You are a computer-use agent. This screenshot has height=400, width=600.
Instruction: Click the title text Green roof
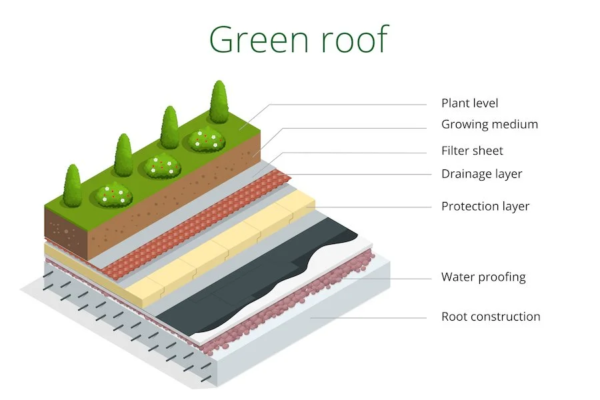[298, 39]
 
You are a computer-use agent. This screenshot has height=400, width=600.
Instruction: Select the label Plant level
[469, 103]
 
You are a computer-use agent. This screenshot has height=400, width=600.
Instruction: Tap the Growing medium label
[489, 125]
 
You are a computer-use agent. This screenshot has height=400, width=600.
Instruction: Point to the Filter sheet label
[472, 151]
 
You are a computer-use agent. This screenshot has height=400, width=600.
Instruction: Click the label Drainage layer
[481, 174]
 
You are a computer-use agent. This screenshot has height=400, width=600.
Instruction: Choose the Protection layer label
[485, 206]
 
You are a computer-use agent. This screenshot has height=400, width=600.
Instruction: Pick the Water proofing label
[483, 277]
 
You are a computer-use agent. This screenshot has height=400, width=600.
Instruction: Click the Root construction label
[491, 317]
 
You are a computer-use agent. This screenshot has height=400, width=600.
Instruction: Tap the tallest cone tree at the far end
[219, 103]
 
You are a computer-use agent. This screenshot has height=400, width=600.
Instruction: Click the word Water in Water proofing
[458, 277]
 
